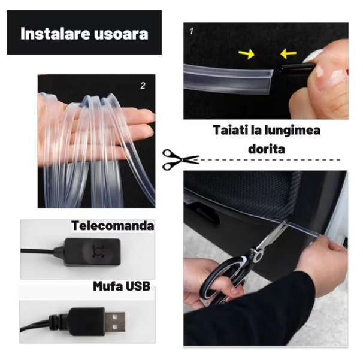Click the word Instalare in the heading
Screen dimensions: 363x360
point(55,34)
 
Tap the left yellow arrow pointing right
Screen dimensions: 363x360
point(247,54)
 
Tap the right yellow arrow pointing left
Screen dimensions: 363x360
point(288,54)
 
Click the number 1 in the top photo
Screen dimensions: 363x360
point(192,31)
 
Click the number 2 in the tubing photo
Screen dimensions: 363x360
point(143,86)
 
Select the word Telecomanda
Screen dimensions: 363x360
point(113,226)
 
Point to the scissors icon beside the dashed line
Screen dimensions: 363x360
point(180,160)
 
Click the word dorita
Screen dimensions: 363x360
point(267,149)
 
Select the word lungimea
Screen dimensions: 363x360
point(293,131)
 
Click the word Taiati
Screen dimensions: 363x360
point(230,130)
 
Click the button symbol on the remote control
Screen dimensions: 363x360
point(98,251)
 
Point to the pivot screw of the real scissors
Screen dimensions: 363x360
point(258,256)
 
